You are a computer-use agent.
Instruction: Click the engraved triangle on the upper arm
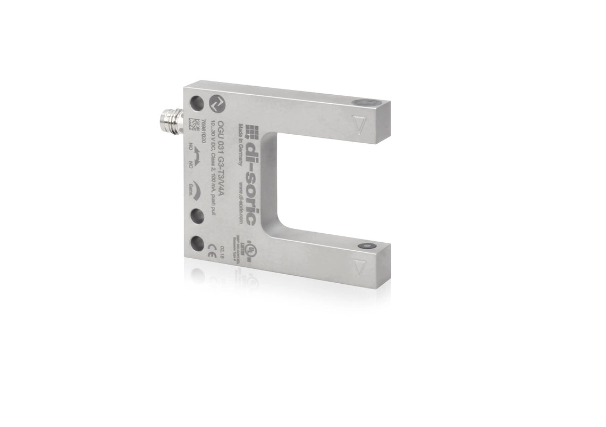[361, 127]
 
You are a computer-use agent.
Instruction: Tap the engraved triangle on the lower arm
[360, 269]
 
